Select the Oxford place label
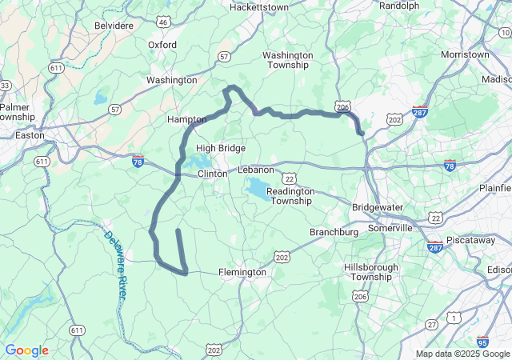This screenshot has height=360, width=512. [x=162, y=45]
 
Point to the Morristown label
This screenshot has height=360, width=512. [x=465, y=54]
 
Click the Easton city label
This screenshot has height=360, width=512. [x=30, y=135]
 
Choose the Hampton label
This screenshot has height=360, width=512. [x=186, y=119]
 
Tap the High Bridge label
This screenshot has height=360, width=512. [x=221, y=148]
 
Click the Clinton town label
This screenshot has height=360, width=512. [x=212, y=173]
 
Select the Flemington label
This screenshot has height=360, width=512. [x=243, y=272]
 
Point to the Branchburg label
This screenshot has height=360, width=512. [x=334, y=232]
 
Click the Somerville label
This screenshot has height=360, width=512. [x=390, y=227]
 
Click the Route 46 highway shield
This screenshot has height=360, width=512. [x=163, y=22]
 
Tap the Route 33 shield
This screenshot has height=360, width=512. [x=5, y=86]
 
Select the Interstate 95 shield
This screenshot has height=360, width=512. [x=482, y=342]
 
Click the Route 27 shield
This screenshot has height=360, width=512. [x=431, y=323]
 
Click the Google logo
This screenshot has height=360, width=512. [x=26, y=350]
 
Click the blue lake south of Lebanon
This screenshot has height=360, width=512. [x=258, y=189]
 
